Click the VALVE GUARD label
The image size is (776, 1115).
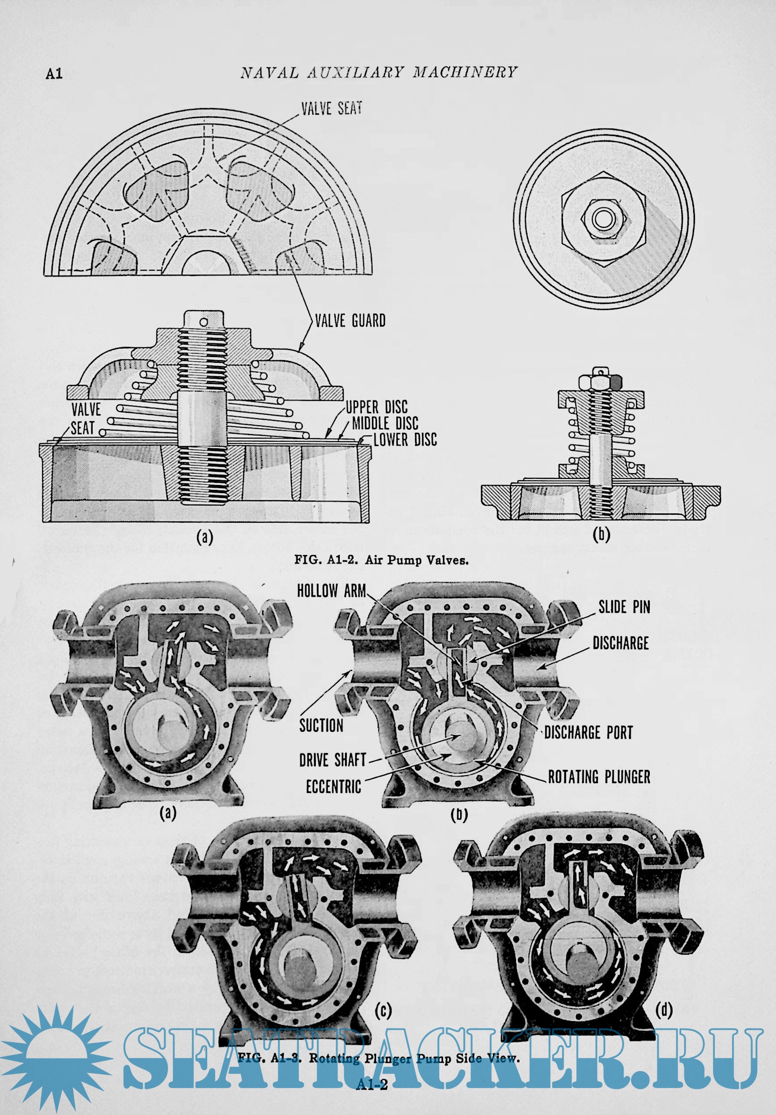[350, 321]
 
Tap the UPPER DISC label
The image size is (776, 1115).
[376, 407]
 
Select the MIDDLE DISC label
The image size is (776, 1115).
[385, 423]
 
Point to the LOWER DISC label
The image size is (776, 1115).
[405, 440]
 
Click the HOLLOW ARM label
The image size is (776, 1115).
[331, 591]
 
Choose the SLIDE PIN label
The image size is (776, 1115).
[624, 607]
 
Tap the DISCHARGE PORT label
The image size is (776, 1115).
[588, 732]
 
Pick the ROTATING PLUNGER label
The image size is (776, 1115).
[599, 777]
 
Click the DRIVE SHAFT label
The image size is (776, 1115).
[333, 760]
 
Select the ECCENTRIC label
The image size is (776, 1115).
[333, 787]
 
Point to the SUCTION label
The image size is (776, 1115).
[321, 726]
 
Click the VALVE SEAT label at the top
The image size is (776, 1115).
[332, 108]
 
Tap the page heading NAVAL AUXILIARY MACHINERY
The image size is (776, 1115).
[379, 73]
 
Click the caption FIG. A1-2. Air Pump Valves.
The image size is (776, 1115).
[381, 560]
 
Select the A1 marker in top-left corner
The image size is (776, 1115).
[54, 74]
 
